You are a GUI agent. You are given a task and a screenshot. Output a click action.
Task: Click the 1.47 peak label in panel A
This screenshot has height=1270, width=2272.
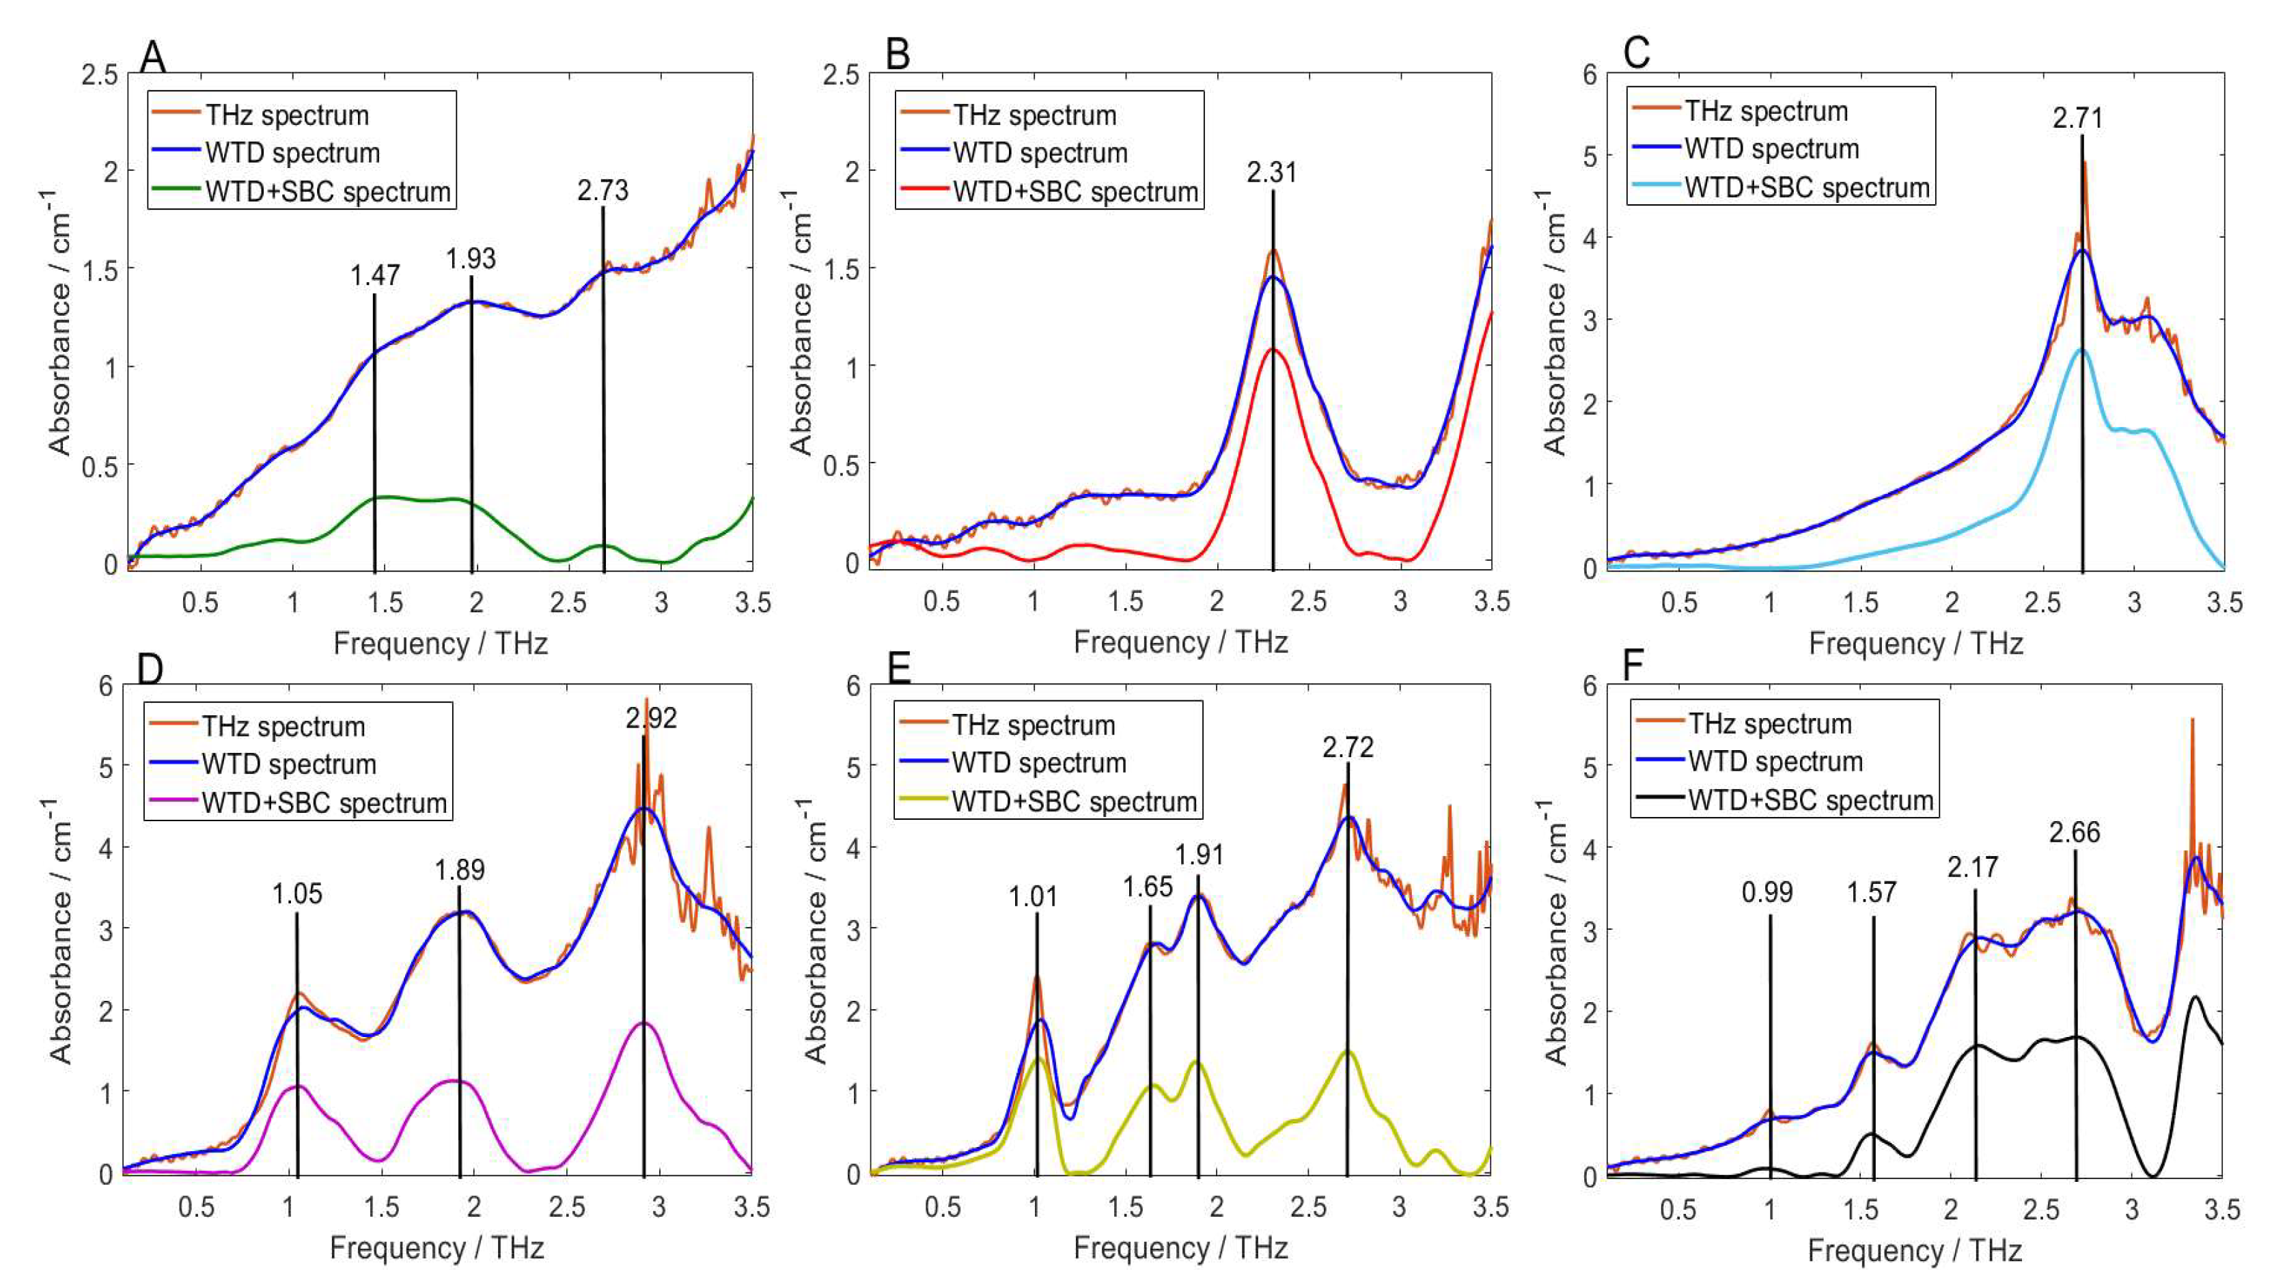(x=375, y=275)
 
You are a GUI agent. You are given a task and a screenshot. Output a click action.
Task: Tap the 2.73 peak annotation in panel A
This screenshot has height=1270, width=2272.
(x=602, y=190)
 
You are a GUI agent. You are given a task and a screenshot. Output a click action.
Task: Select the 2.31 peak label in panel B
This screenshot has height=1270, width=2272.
(x=1272, y=172)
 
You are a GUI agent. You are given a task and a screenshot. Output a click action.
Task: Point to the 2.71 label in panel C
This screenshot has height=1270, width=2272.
(x=2077, y=118)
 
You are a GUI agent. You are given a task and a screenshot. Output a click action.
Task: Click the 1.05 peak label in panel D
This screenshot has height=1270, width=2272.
(x=297, y=894)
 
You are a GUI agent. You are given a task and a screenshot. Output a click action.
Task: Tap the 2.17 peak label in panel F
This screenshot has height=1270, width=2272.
(x=1972, y=868)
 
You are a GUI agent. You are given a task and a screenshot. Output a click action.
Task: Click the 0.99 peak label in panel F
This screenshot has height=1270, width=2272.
(x=1767, y=892)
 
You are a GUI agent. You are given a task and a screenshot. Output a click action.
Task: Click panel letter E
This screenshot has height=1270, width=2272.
(x=898, y=669)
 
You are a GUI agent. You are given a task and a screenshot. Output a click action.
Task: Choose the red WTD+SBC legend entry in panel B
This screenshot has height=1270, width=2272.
(x=1075, y=191)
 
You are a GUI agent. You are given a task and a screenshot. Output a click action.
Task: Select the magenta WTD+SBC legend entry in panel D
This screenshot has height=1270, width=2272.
(x=323, y=803)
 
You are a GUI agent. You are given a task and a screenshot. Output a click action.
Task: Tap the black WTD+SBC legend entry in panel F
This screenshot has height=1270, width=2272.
(x=1810, y=801)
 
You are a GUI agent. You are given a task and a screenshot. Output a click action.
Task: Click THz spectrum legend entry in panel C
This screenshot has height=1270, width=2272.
(x=1766, y=111)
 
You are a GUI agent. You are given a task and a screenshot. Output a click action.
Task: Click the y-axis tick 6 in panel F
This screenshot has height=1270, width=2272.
(x=1590, y=686)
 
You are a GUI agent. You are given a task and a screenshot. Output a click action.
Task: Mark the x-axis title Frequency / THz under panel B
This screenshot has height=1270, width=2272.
(x=1180, y=642)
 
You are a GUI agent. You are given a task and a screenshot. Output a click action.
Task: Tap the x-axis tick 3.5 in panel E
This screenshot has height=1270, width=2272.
(x=1491, y=1206)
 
